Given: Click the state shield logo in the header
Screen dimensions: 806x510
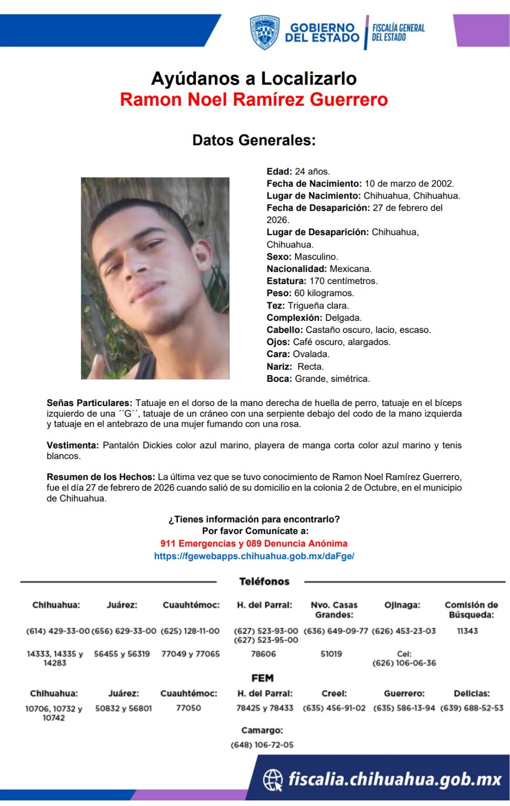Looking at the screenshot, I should click(265, 32).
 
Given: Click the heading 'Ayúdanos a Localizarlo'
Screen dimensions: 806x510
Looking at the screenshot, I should click(254, 79).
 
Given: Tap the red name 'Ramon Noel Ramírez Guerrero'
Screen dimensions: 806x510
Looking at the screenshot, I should click(254, 99).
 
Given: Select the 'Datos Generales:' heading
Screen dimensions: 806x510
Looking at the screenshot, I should click(254, 140).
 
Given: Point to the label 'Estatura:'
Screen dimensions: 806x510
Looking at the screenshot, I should click(286, 281).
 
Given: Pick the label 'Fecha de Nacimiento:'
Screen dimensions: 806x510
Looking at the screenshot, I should click(314, 183).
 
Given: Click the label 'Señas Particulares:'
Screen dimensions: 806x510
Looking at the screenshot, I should click(89, 403).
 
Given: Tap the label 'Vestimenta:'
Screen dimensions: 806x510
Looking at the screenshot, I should click(72, 445).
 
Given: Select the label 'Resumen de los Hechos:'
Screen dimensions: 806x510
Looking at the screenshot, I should click(101, 477).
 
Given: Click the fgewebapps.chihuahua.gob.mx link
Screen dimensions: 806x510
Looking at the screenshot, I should click(254, 556).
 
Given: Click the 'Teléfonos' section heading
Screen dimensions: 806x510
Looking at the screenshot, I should click(264, 582).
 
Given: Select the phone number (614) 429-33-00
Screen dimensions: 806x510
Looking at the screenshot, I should click(57, 631).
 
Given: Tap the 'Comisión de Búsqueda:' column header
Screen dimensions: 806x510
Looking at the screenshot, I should click(471, 610).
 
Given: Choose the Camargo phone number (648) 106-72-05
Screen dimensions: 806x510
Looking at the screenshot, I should click(262, 745).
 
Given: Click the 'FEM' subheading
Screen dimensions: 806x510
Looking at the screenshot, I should click(262, 678).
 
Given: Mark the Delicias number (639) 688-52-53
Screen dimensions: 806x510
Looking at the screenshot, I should click(472, 708).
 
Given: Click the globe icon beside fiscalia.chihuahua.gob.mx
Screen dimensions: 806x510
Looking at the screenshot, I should click(273, 780).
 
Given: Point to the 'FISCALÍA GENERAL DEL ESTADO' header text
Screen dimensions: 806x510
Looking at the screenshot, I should click(398, 32).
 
